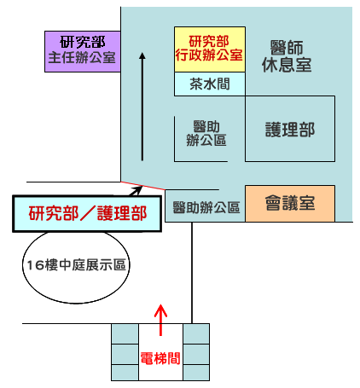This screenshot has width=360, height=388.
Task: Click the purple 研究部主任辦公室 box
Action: (83, 51)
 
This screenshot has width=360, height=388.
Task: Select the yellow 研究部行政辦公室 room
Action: (210, 49)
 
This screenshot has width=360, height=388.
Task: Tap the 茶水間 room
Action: (210, 84)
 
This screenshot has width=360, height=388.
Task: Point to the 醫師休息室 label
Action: (287, 56)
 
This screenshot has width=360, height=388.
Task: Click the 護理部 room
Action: (290, 129)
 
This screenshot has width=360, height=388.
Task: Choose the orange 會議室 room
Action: (290, 204)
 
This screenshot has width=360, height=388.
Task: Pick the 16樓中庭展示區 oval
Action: (76, 267)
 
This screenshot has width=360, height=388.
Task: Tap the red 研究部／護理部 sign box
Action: (87, 213)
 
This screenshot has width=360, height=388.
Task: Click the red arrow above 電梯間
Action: (160, 320)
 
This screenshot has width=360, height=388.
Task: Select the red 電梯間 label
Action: (160, 358)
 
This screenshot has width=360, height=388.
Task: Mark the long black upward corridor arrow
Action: (142, 107)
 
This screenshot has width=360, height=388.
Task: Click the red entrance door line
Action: (142, 185)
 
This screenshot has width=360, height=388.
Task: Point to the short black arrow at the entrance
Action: (135, 191)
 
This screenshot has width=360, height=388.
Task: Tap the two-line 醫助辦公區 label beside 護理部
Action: (206, 133)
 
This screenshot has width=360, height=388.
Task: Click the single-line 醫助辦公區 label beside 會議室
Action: (206, 207)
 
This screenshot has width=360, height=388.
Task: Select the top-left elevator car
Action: (125, 333)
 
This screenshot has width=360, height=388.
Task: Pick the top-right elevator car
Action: (196, 333)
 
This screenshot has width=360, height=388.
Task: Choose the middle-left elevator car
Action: (125, 355)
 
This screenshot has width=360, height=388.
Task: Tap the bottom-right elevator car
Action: (196, 373)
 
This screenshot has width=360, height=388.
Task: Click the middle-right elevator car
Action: (196, 355)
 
